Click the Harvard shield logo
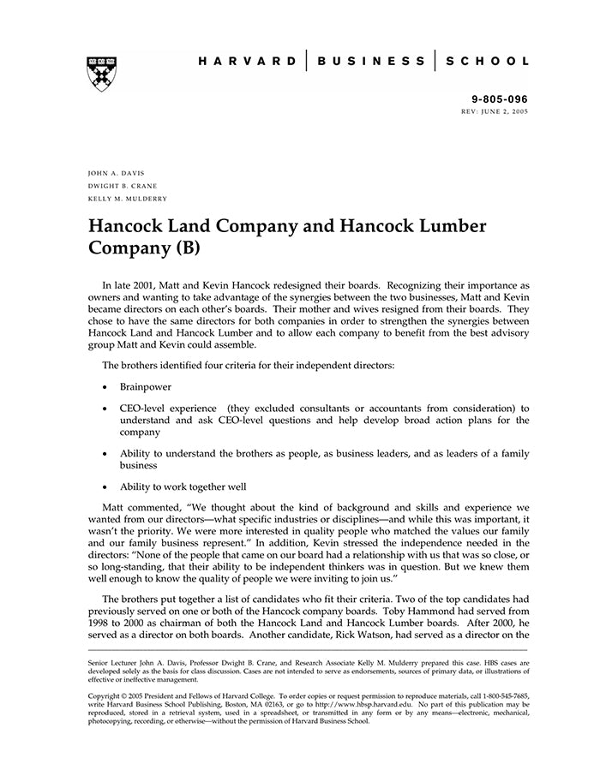102,74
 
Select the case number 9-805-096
501,99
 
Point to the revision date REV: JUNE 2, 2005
495,112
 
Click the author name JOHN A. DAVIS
117,173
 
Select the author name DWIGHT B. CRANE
123,186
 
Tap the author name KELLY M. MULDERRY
128,199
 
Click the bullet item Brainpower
146,386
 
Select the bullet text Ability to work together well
183,486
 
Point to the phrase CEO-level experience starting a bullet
168,409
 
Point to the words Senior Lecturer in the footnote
115,663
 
